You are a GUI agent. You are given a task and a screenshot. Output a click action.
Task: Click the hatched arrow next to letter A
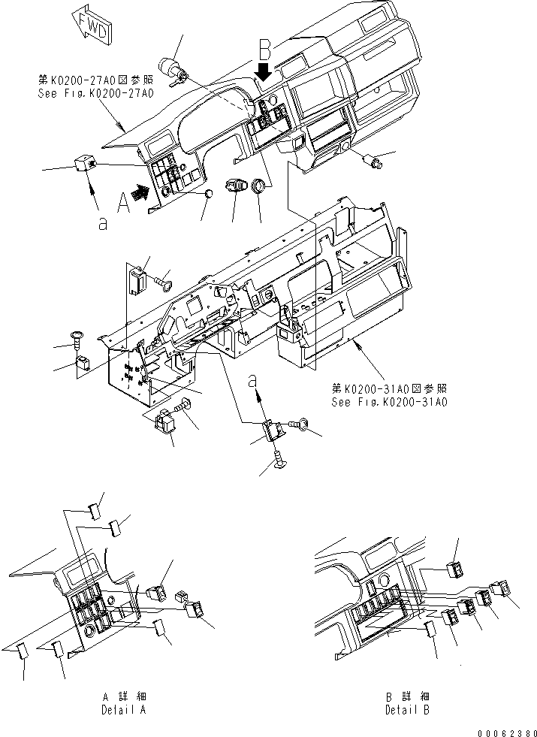tap(139, 192)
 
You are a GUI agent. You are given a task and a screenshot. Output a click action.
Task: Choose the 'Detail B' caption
tap(408, 709)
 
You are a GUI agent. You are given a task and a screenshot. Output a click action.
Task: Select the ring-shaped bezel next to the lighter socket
tap(259, 185)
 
